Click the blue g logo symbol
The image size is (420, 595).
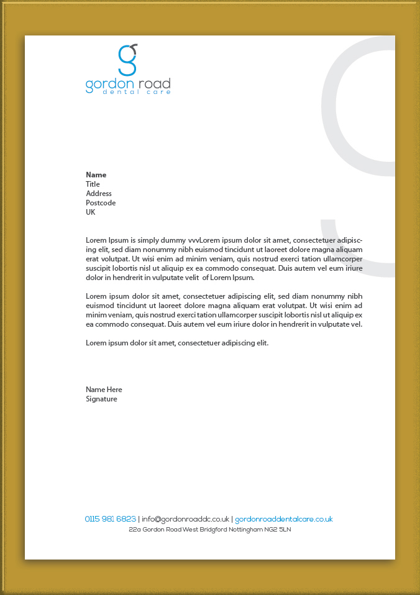[127, 60]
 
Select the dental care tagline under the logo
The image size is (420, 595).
[128, 92]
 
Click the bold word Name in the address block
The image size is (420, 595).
[96, 175]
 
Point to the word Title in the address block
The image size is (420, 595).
[93, 184]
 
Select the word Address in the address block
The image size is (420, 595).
[99, 194]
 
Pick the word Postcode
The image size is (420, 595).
[101, 203]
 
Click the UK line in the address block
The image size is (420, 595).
[91, 212]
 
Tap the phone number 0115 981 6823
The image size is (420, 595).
[111, 519]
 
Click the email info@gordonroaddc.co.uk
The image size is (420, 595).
[186, 519]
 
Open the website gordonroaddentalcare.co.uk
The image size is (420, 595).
[284, 519]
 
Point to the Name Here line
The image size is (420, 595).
[104, 390]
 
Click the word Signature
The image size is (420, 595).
[101, 399]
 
